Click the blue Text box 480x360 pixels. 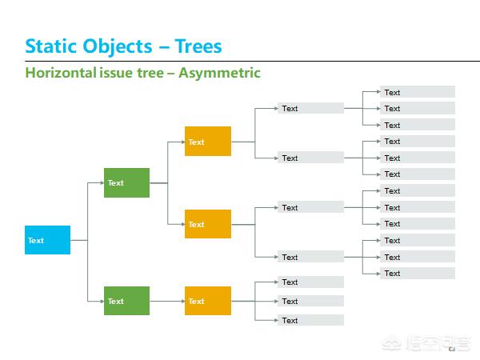(x=47, y=240)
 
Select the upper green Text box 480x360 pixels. (x=126, y=182)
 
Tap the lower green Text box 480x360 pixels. (x=126, y=301)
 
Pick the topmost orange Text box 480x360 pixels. (x=207, y=142)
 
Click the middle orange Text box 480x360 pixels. (x=207, y=224)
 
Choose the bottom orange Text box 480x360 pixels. (x=207, y=301)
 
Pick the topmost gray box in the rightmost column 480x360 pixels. (x=418, y=92)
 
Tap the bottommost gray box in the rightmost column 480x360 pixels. (x=418, y=273)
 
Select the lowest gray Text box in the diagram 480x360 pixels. (x=310, y=320)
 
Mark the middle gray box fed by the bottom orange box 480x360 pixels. (x=310, y=301)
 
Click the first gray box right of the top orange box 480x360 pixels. (x=310, y=108)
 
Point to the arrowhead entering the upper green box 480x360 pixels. (x=101, y=182)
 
